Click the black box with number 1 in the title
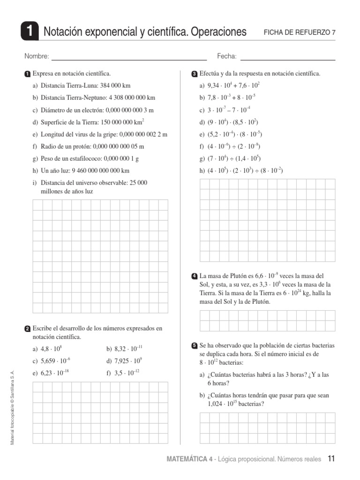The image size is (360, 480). pos(30,32)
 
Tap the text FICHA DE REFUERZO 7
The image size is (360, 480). pos(300,32)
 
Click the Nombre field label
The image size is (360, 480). pos(37,57)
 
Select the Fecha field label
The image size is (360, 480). pos(227,57)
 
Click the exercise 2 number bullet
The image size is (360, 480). pos(28,329)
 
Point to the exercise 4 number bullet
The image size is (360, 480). pos(195,276)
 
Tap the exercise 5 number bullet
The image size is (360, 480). pos(195,346)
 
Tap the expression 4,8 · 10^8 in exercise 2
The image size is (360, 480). pos(51,349)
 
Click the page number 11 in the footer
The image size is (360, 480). pos(331,459)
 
